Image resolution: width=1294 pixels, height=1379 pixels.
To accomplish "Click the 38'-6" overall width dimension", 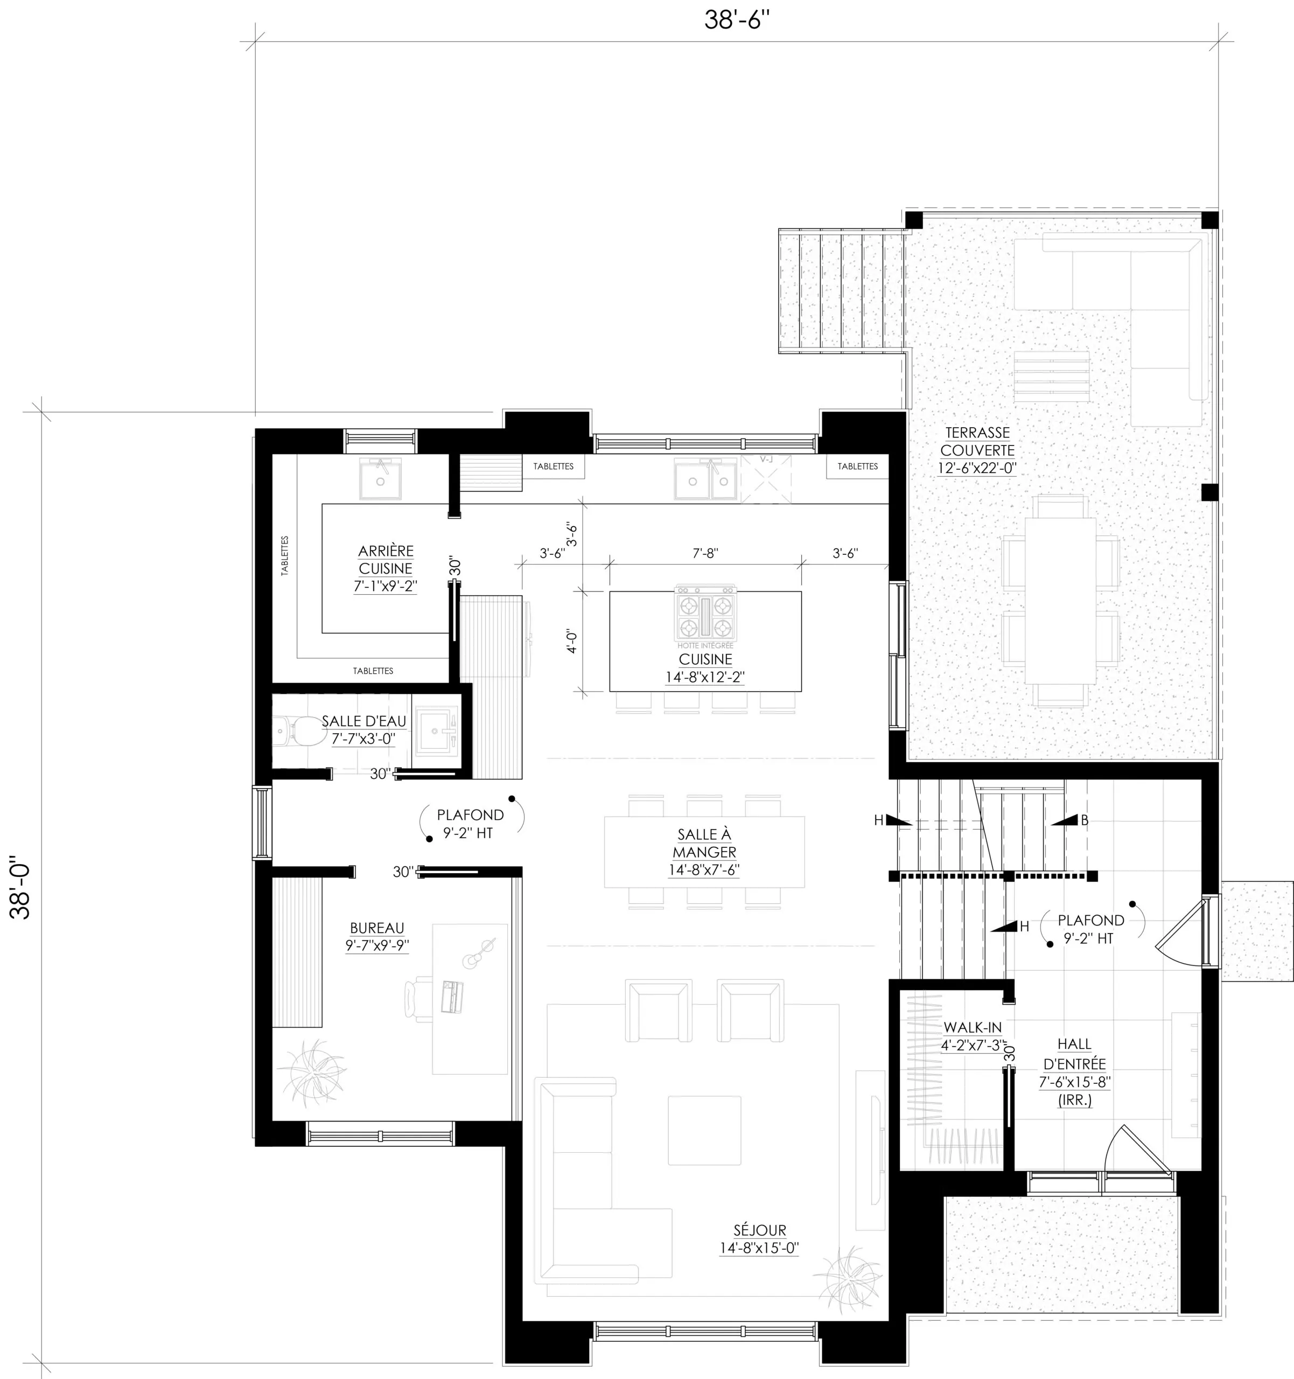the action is (x=737, y=20).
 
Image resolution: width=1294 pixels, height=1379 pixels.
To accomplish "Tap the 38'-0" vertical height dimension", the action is (x=21, y=890).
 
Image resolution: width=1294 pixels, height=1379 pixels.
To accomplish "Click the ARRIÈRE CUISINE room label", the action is (x=386, y=559).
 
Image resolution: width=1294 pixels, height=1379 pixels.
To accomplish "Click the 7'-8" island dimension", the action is (x=706, y=553).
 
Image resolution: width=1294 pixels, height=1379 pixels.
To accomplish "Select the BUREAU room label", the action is (x=376, y=928).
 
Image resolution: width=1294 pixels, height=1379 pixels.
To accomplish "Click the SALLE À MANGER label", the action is (x=704, y=843).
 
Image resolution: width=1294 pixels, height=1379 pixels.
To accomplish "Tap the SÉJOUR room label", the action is (x=760, y=1230).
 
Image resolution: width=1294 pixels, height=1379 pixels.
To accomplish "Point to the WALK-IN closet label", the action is (x=972, y=1027).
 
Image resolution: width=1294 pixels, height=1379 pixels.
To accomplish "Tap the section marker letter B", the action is (x=1085, y=820).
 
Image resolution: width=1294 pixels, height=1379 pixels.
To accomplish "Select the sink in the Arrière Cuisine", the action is (x=380, y=478).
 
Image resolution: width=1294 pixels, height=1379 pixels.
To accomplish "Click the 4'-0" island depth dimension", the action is (x=572, y=641).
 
